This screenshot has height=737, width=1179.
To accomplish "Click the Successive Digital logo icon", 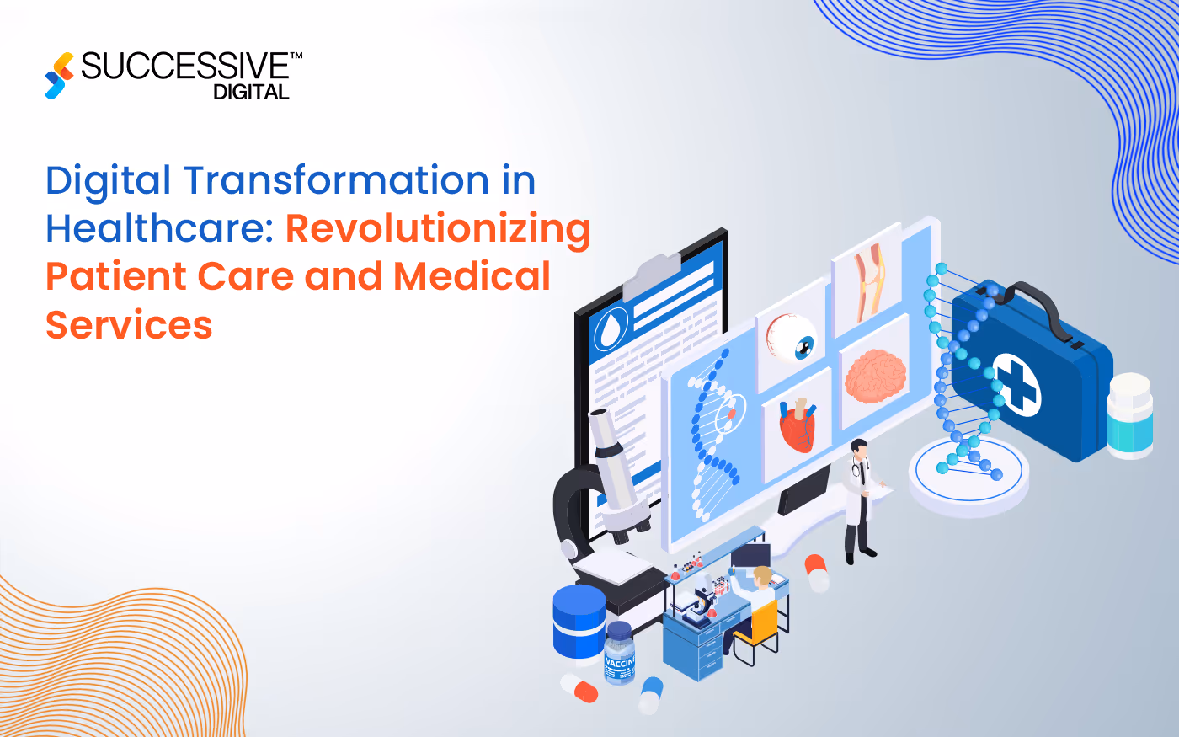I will [x=58, y=75].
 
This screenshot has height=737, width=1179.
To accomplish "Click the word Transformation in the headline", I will [x=336, y=181].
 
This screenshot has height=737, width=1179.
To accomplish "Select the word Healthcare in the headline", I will [x=159, y=229].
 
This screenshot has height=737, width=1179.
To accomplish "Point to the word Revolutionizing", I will [x=438, y=229].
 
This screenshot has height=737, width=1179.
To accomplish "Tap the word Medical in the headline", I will [x=472, y=277].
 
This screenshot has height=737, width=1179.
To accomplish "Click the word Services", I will [x=129, y=325].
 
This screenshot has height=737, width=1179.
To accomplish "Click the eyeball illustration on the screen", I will [x=792, y=338].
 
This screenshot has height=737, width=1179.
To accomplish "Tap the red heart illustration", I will [x=797, y=425].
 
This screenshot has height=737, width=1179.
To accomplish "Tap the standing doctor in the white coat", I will [x=858, y=500].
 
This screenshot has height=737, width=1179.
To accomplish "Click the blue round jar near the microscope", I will [x=579, y=621].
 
